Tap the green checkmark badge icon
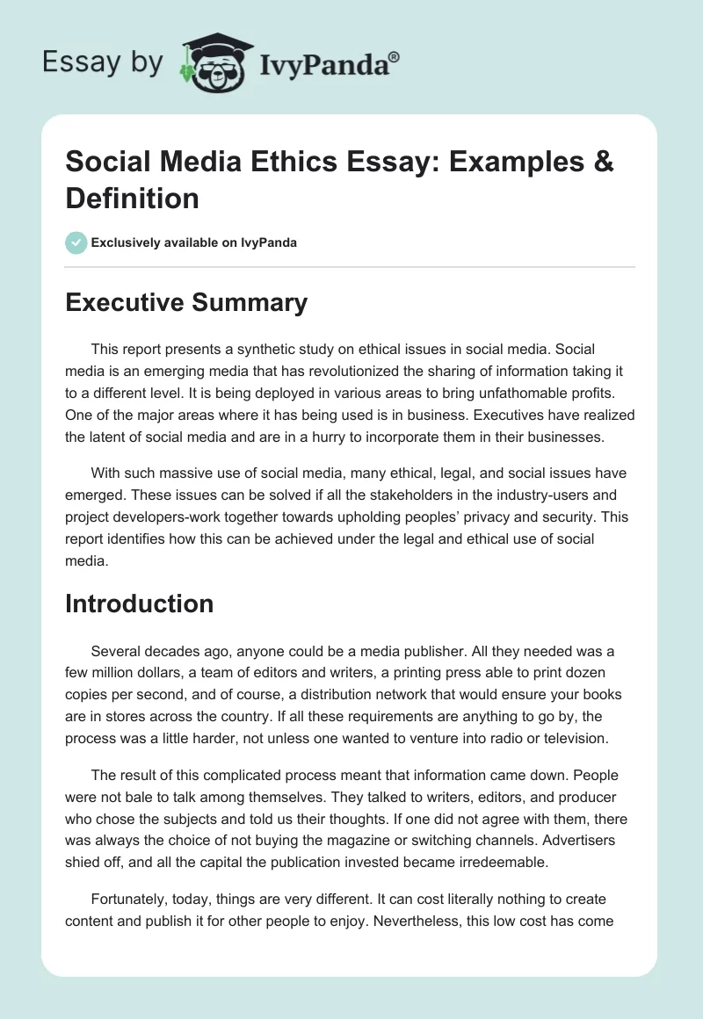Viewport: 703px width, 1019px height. pos(76,242)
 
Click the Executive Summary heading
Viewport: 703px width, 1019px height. pos(186,303)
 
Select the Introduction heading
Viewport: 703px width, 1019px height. pos(140,603)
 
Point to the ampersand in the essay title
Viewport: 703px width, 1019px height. pos(602,163)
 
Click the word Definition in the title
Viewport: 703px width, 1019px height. pos(132,199)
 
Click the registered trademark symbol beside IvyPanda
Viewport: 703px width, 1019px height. pos(395,57)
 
